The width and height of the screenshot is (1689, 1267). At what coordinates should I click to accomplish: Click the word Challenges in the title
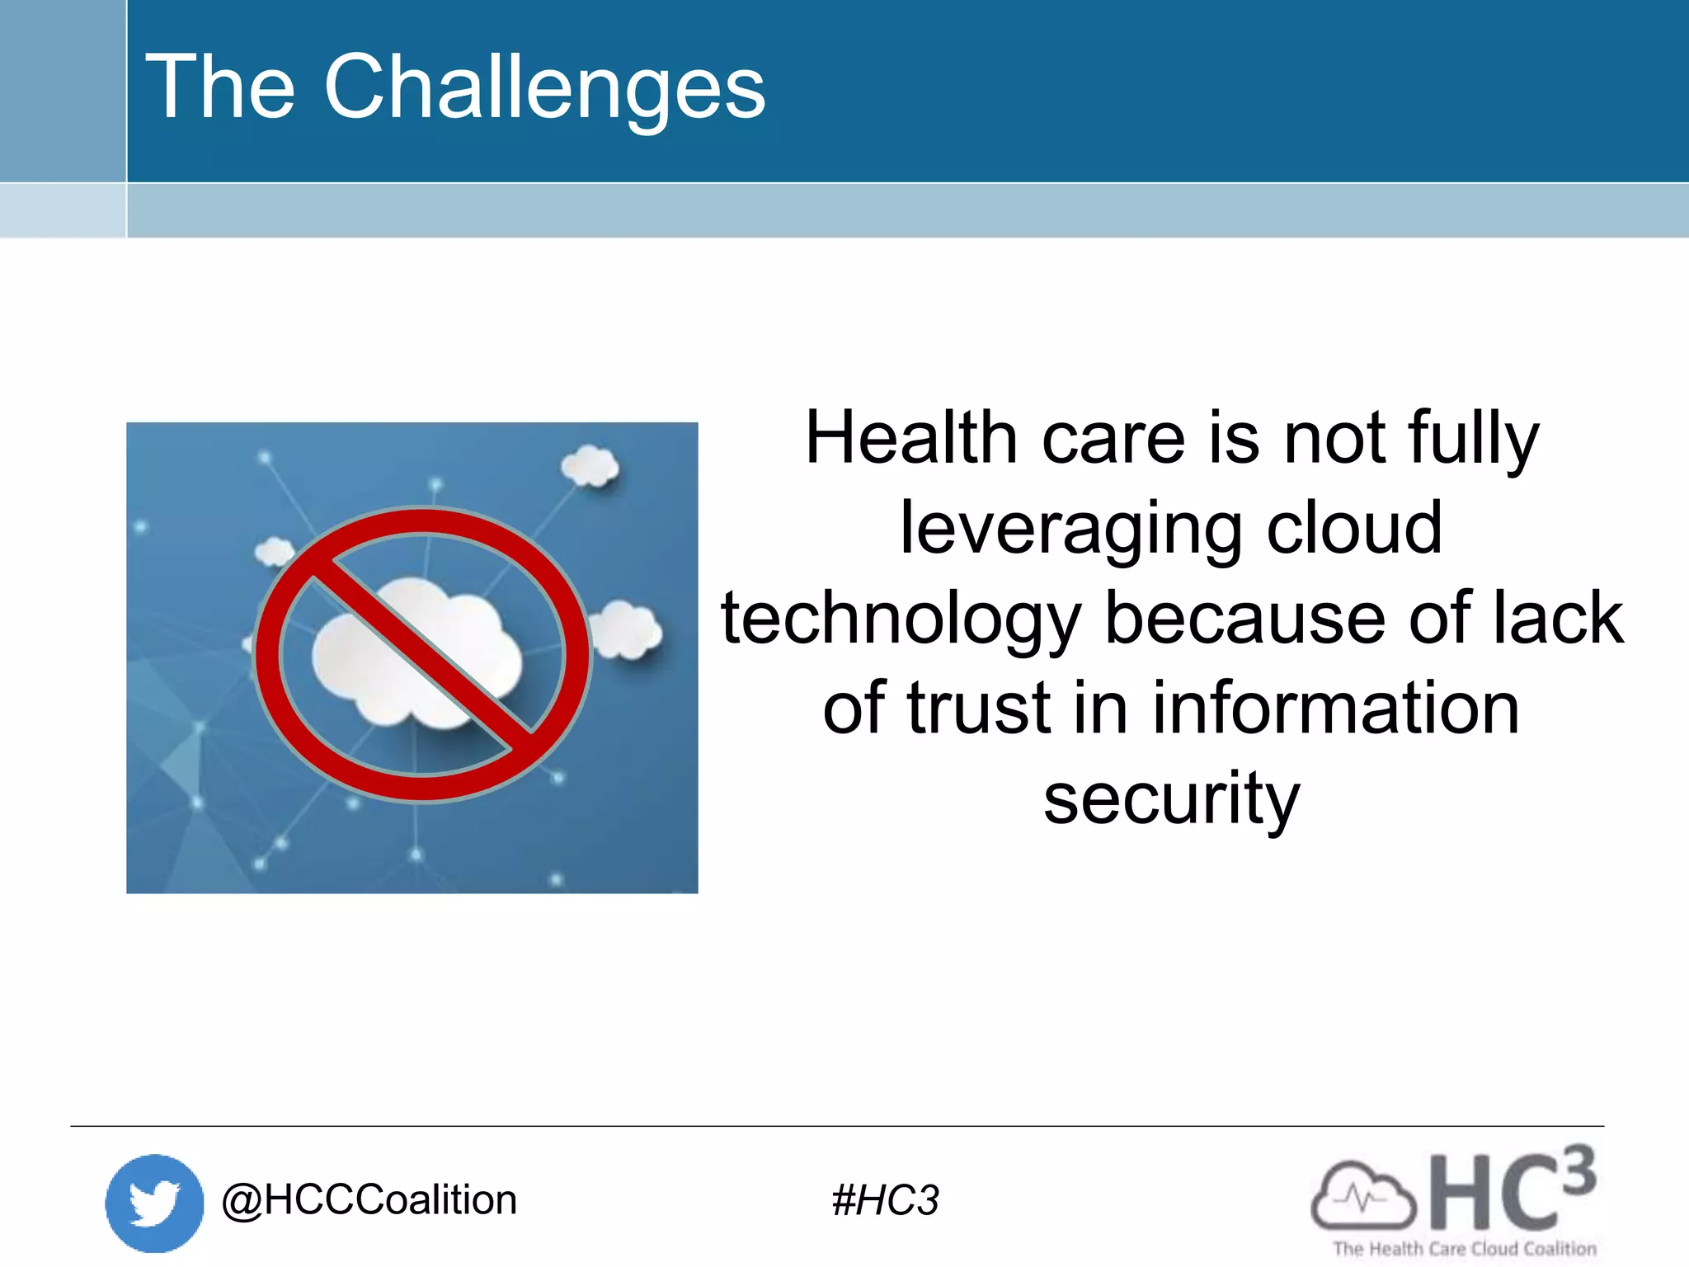(544, 87)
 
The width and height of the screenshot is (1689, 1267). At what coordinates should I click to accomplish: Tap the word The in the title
(220, 87)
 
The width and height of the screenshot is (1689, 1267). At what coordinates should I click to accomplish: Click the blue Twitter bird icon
(154, 1203)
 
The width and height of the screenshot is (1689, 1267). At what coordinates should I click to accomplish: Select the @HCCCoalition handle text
(369, 1200)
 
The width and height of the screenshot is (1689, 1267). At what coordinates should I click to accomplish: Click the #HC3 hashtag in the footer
(885, 1200)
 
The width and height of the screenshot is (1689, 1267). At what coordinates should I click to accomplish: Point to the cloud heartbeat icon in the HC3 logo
(1362, 1196)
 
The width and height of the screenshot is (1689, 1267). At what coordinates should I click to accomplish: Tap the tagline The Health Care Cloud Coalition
(1465, 1249)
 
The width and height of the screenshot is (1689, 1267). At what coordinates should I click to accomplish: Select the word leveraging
(1070, 530)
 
